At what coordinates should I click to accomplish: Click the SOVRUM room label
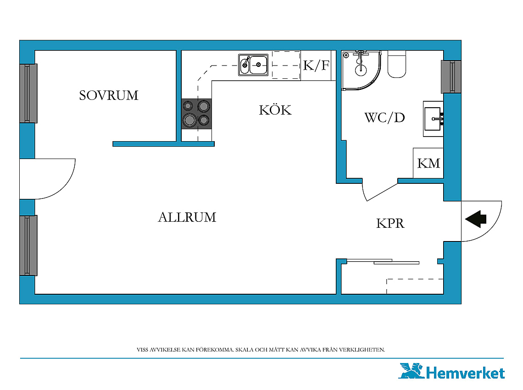click(x=109, y=95)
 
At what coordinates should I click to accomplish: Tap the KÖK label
click(x=275, y=110)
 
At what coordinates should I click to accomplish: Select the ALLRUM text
click(x=187, y=217)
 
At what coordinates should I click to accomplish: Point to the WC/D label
click(x=384, y=118)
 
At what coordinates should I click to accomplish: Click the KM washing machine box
click(x=428, y=163)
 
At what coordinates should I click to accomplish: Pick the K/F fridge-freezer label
click(x=316, y=66)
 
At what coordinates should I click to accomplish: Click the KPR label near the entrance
click(x=390, y=223)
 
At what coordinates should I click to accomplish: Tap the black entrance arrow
click(x=476, y=219)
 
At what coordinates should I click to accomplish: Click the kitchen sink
click(x=253, y=65)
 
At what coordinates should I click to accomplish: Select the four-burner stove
click(x=196, y=114)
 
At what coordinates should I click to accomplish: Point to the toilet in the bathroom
click(x=396, y=64)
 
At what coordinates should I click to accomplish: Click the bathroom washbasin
click(x=433, y=119)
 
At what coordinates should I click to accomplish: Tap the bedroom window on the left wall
click(x=28, y=93)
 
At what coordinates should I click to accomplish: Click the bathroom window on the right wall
click(x=451, y=77)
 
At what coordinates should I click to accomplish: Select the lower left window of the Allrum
click(x=28, y=245)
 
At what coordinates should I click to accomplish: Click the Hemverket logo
click(x=451, y=371)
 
